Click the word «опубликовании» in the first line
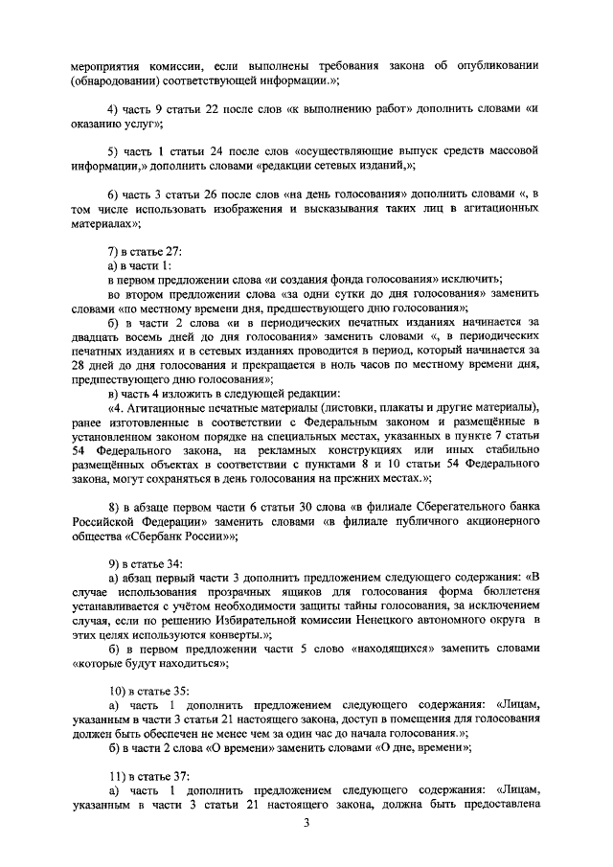coord(493,66)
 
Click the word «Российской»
coord(105,523)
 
